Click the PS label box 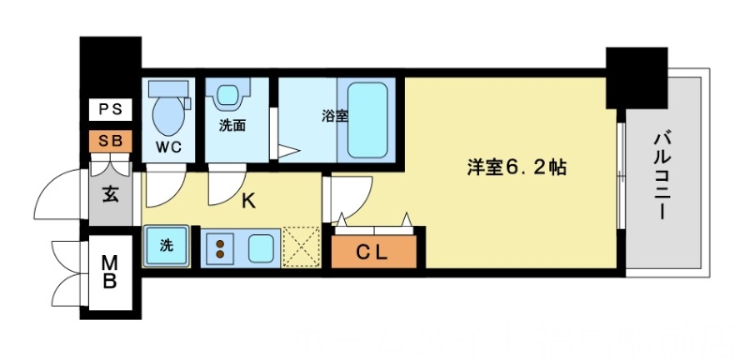111,111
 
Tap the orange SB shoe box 111,141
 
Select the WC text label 169,148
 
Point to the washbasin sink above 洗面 229,96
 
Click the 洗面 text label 232,126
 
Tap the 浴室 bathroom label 335,117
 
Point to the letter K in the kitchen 248,200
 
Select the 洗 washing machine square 166,247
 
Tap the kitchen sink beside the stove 260,248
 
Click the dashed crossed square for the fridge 301,247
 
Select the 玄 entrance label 110,198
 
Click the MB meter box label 110,272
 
